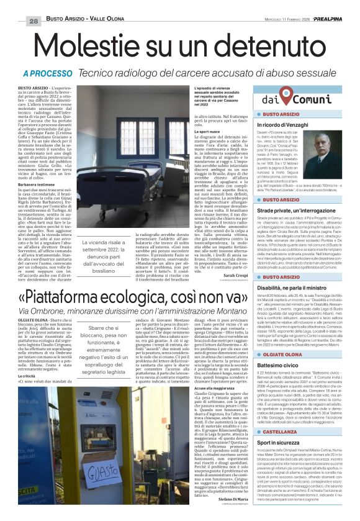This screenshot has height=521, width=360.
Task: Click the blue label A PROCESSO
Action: [x=48, y=73]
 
